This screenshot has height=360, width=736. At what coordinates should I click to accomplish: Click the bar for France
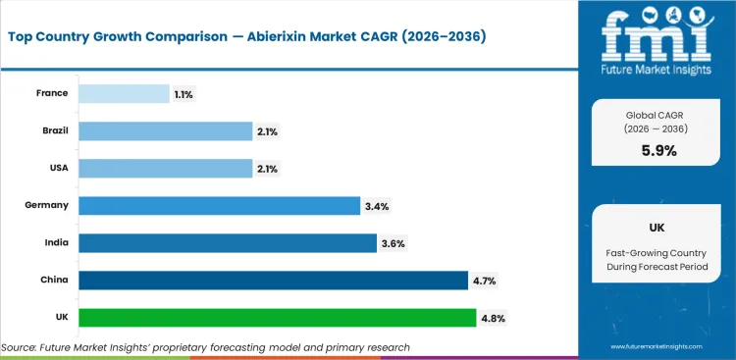point(124,93)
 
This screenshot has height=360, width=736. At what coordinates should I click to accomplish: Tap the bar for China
point(273,281)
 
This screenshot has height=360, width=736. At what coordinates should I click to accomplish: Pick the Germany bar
point(219,205)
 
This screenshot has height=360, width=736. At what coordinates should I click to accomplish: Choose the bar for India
point(227,242)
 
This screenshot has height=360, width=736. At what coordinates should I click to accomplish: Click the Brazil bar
point(165,130)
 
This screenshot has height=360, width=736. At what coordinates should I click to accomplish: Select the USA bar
point(165,168)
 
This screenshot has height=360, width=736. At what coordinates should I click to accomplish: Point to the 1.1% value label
point(184,93)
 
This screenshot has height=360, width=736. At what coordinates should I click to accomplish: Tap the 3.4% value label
point(378,205)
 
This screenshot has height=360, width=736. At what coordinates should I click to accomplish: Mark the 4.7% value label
point(485,281)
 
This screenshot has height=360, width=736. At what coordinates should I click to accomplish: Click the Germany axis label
point(47,205)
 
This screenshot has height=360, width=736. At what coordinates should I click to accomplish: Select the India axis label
point(54,242)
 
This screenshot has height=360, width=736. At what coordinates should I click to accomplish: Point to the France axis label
point(52,93)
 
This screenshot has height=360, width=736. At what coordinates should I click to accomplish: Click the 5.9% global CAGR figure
point(658,150)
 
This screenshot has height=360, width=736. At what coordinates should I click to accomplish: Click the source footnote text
point(205,347)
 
